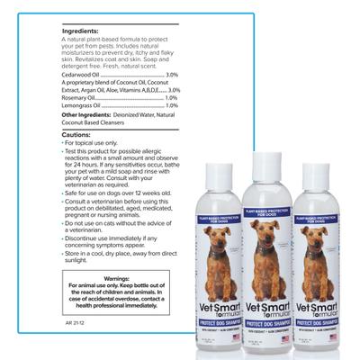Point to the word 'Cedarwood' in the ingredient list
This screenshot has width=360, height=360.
78,74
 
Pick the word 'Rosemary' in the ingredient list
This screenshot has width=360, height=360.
76,98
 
